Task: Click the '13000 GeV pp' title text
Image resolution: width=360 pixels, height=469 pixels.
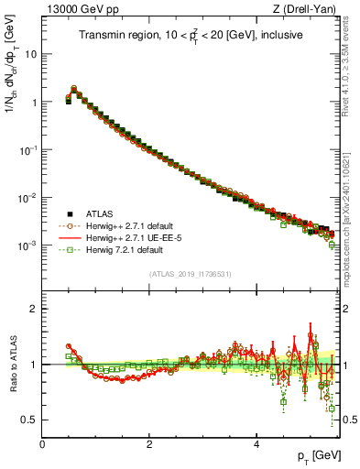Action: click(x=76, y=9)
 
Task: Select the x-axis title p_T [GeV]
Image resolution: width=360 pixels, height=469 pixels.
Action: click(x=316, y=456)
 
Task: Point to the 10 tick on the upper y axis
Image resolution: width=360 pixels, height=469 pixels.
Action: click(x=30, y=54)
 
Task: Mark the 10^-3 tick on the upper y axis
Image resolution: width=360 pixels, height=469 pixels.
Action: click(x=27, y=245)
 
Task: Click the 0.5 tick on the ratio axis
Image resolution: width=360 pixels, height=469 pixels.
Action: click(x=29, y=420)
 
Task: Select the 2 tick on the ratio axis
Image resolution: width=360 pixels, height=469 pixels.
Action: click(x=34, y=309)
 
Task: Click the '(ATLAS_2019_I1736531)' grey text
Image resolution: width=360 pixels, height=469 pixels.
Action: click(x=191, y=274)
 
